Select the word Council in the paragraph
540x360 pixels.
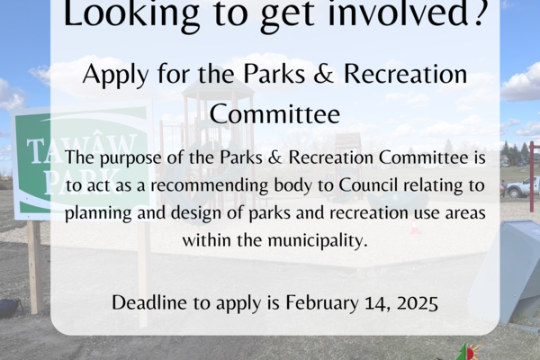368,185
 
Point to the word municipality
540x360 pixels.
318,240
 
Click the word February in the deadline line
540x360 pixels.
322,302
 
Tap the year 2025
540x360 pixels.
418,303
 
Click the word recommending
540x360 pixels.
210,185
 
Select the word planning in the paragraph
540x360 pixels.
98,213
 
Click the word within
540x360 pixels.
207,240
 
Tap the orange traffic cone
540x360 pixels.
415,225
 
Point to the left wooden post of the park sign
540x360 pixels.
35,267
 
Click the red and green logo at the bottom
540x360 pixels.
468,352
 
